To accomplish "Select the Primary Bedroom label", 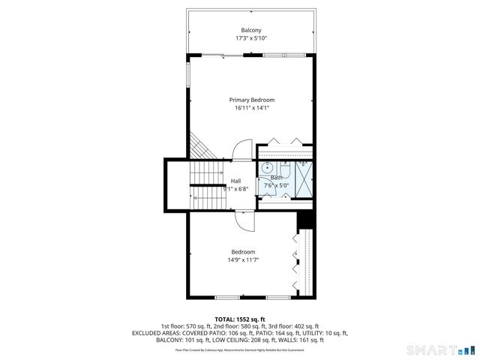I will tap(251, 100).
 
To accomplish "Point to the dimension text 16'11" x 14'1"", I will tap(251, 108).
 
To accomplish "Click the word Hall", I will tap(235, 181).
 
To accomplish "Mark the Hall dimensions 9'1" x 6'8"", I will tap(235, 189).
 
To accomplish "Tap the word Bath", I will tap(277, 178).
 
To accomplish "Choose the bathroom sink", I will tap(266, 168).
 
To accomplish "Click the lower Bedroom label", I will tap(243, 252).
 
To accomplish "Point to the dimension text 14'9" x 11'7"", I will tap(243, 260).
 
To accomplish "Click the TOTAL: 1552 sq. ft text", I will tap(239, 319).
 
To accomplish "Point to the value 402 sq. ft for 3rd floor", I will tap(303, 326).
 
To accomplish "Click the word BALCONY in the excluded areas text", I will tap(169, 340).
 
